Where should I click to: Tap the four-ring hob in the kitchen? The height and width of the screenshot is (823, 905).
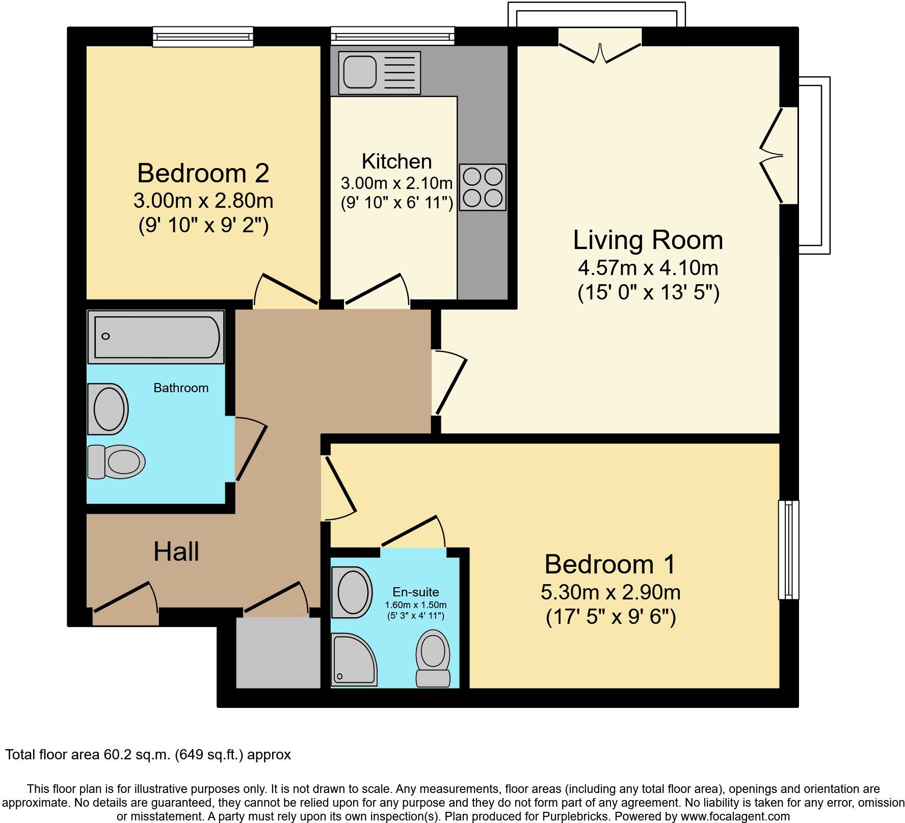[x=483, y=187]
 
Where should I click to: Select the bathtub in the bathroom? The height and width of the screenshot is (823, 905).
[x=156, y=337]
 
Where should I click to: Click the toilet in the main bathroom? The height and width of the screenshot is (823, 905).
[x=117, y=462]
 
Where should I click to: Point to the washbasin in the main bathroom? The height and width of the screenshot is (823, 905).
[x=108, y=408]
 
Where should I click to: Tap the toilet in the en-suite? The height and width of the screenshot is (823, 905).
[x=433, y=657]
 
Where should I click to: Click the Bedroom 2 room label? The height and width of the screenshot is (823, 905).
[x=203, y=173]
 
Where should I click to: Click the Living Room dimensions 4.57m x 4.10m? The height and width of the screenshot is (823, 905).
[x=648, y=267]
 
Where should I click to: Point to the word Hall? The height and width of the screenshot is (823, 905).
[x=176, y=552]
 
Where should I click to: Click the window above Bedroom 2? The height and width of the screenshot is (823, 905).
[x=203, y=37]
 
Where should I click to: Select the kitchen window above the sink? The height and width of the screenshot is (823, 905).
[x=392, y=36]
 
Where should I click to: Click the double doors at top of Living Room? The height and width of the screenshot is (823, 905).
[x=600, y=47]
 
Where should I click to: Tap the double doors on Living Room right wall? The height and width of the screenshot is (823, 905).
[x=775, y=155]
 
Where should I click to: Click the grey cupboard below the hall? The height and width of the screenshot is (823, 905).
[x=278, y=652]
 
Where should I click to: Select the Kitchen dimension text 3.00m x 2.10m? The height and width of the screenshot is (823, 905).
[x=396, y=183]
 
